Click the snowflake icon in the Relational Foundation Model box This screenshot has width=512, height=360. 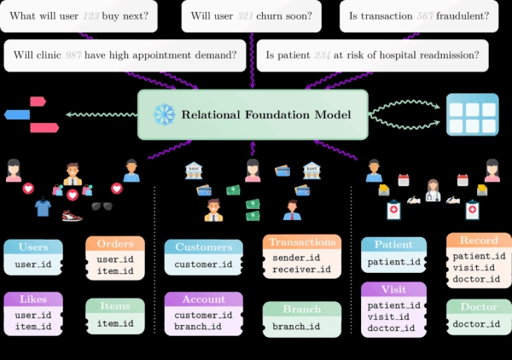(163, 114)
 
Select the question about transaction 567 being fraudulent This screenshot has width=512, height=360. (420, 16)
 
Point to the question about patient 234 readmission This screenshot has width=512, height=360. (372, 55)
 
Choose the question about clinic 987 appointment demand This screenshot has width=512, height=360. (125, 55)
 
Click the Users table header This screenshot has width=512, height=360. (33, 247)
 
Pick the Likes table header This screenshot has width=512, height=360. (33, 299)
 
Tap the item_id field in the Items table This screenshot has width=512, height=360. (115, 322)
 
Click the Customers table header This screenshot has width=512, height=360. (203, 247)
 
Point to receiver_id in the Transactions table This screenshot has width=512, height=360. (295, 270)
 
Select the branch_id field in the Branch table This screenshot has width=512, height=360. (295, 327)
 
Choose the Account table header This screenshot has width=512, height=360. (203, 299)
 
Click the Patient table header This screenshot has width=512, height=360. (393, 244)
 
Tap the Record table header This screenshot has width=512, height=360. (478, 241)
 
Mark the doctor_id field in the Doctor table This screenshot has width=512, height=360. (478, 323)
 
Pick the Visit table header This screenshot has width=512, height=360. (393, 288)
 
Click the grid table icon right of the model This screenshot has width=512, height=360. (472, 114)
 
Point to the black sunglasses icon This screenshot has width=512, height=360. (102, 206)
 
